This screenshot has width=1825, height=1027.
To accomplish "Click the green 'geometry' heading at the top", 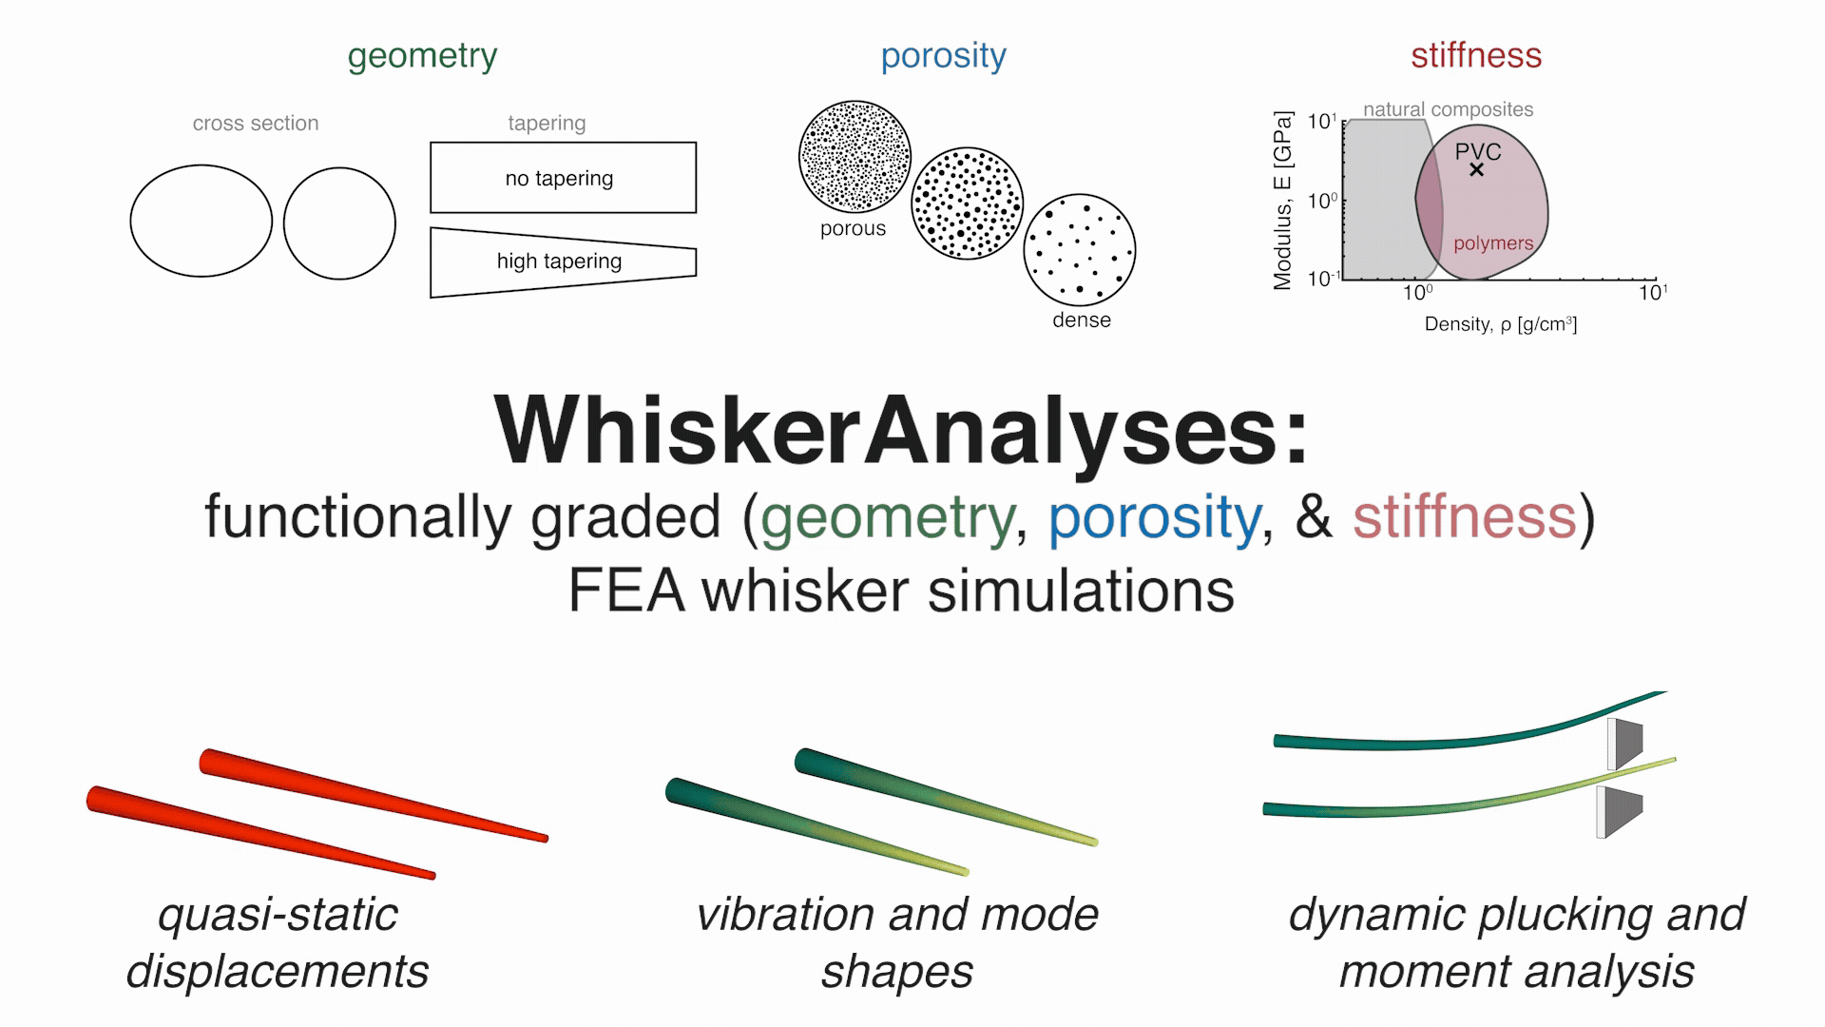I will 422,56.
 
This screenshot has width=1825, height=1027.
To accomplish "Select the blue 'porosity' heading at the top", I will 943,56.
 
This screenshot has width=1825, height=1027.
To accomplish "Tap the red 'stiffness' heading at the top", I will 1475,55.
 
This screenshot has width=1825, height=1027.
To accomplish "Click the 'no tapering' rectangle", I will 563,178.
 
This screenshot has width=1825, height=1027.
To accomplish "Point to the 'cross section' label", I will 256,124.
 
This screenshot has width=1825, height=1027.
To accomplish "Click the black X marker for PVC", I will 1476,170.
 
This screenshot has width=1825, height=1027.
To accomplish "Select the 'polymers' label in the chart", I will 1493,243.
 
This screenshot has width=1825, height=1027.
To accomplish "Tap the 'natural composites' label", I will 1448,109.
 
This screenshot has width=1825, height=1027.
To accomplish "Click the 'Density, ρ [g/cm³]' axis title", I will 1500,324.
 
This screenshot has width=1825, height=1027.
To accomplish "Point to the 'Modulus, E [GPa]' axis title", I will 1282,201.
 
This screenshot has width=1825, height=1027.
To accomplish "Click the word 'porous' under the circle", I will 853,229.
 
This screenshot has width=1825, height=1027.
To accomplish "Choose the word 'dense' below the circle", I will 1081,320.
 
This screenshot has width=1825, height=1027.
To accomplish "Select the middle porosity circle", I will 967,203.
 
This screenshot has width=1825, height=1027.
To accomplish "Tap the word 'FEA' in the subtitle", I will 625,591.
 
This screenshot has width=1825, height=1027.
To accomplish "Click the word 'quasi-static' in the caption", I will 278,915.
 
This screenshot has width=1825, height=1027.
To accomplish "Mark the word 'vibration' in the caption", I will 783,915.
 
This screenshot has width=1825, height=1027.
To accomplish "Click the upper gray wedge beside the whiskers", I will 1626,743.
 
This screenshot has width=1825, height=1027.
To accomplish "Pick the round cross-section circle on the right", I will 339,223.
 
